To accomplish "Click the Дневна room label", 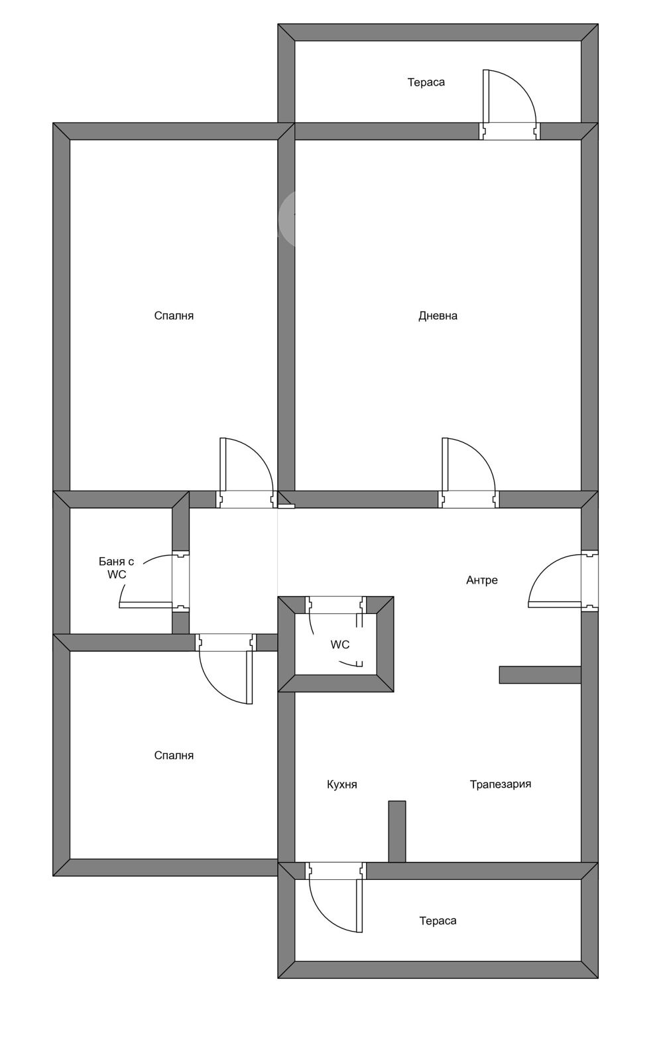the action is coord(438,316).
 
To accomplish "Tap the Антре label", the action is coord(482,580).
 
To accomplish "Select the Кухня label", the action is coord(341,784).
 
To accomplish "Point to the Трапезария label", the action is coord(500,784).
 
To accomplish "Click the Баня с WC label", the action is coord(117,568).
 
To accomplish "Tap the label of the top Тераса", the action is coord(426,82).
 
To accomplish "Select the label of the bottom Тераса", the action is coord(438,920).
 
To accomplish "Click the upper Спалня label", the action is coord(174,316).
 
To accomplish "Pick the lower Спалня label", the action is coord(174,755).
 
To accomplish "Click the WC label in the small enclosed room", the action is coord(339,645).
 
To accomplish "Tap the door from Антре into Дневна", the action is coord(469,473).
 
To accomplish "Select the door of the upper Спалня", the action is coord(247,473).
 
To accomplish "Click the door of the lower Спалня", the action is coord(226,668).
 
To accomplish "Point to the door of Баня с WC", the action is coord(154,582).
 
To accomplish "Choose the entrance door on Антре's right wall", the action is coord(563,581).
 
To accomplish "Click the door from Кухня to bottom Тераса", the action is coord(336,897).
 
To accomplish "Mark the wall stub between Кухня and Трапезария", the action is coord(397,832).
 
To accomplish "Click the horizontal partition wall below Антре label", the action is coord(540,675).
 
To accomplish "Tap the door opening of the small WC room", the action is coord(335,605).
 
